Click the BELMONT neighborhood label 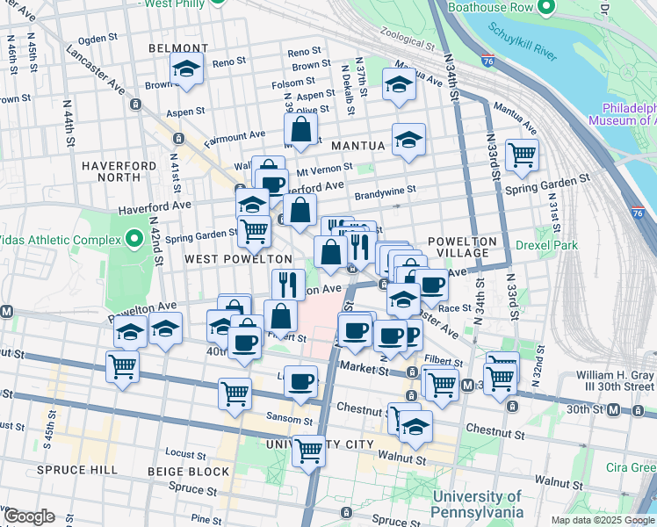178,48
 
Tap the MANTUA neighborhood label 358,145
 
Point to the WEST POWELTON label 237,259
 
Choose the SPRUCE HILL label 77,470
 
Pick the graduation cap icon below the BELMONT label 186,69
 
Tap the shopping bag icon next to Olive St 300,129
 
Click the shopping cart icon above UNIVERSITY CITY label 308,451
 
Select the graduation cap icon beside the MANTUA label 408,140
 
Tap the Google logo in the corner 29,516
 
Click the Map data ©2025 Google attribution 602,520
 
